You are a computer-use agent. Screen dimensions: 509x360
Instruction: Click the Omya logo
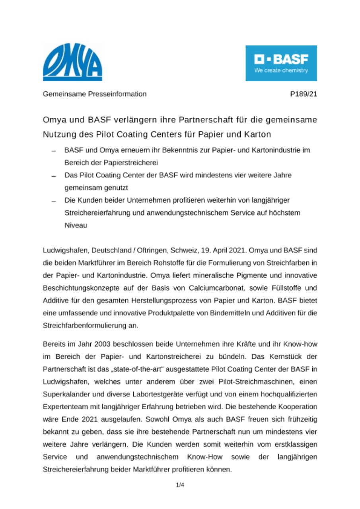[72, 62]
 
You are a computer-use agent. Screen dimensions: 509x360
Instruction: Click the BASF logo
[281, 63]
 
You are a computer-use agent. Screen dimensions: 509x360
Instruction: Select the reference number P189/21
[304, 94]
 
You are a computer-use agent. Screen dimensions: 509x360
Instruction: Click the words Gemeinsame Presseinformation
[95, 94]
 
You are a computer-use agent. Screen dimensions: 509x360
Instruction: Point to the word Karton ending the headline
[258, 134]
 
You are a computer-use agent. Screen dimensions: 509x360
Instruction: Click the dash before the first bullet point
[54, 152]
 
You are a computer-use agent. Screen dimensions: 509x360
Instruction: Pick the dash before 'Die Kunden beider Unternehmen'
[54, 201]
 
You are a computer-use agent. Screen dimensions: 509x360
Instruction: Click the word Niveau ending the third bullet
[75, 225]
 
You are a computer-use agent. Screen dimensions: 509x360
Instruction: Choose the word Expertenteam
[61, 407]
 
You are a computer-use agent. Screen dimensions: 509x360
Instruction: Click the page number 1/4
[180, 485]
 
